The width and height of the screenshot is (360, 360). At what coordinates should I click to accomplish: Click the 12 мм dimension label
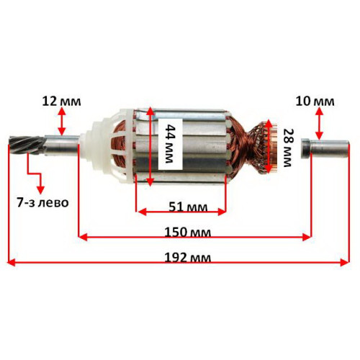tap(62, 102)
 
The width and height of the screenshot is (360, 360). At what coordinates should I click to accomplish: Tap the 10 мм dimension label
tap(315, 102)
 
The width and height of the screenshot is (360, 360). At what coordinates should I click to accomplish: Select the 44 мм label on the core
tap(171, 144)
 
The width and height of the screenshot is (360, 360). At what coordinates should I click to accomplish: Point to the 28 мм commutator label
tap(287, 148)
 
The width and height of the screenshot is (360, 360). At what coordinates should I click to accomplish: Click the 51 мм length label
tap(188, 207)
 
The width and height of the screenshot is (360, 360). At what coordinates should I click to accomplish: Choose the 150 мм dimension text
tap(188, 233)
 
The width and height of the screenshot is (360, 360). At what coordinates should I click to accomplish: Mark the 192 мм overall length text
tap(188, 258)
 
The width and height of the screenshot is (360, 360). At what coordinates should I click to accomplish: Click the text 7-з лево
tap(42, 202)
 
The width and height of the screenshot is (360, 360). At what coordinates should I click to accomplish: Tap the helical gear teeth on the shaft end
tap(27, 145)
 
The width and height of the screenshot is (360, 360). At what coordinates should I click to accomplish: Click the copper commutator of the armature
tap(272, 148)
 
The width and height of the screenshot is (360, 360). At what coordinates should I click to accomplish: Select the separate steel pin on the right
tap(325, 148)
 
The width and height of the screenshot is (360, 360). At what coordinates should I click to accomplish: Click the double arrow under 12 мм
tap(62, 121)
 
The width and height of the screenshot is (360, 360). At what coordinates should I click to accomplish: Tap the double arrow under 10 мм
tap(319, 123)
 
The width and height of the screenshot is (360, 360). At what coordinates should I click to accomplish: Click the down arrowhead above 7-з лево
tap(40, 189)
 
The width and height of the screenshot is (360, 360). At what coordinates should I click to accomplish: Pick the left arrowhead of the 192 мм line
tap(12, 262)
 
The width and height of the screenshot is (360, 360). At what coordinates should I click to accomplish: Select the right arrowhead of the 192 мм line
tap(344, 262)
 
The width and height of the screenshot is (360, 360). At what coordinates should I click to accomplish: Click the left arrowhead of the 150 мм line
tap(83, 237)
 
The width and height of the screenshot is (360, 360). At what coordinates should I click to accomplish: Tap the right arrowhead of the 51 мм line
tap(222, 212)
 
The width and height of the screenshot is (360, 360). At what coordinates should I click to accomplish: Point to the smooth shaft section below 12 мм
tap(62, 146)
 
